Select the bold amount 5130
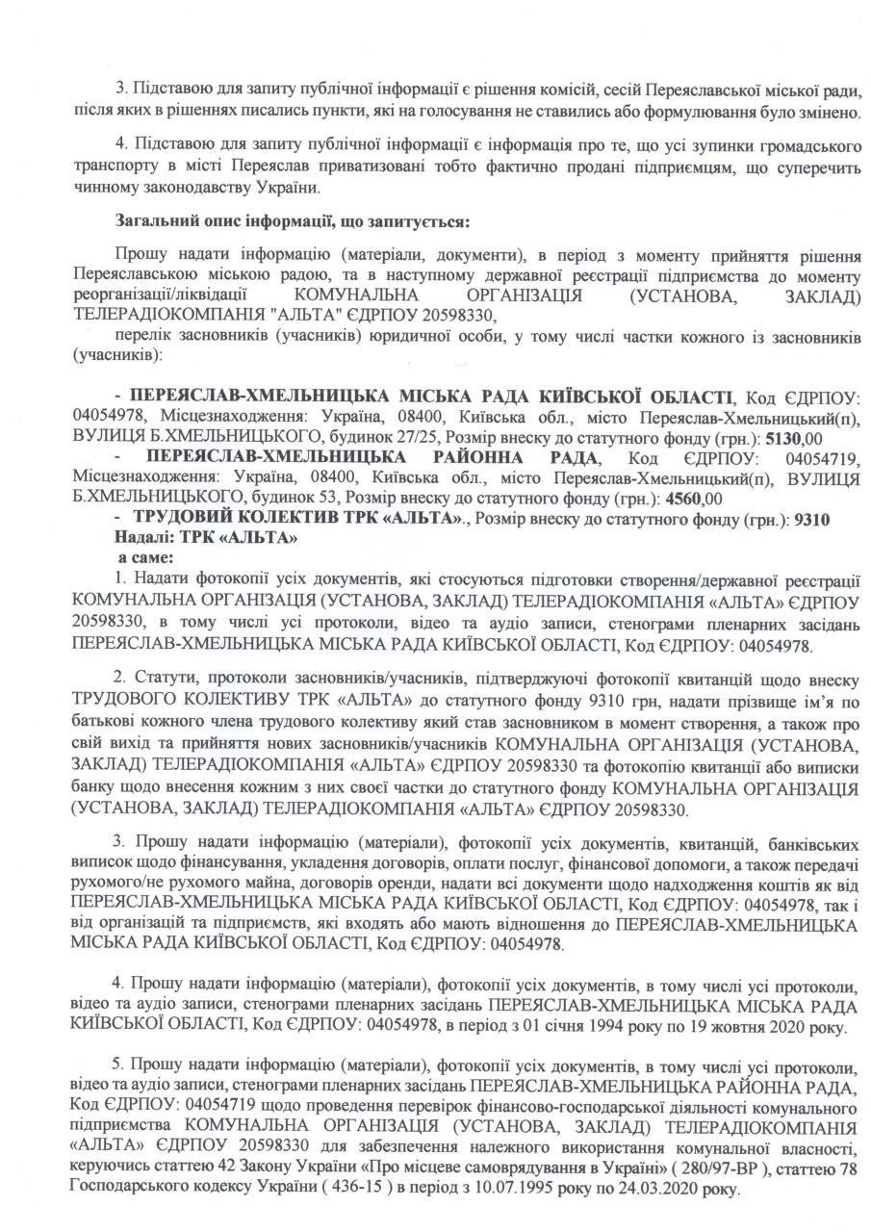[779, 434]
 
